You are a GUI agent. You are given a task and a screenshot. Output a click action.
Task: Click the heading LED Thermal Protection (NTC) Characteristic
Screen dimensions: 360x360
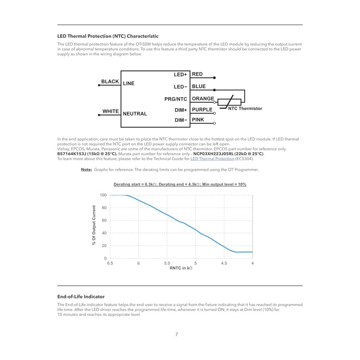tap(108, 36)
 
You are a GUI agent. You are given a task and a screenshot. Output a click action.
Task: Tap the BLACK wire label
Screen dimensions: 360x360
tap(110, 82)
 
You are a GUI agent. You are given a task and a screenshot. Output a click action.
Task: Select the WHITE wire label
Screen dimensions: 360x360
tap(110, 111)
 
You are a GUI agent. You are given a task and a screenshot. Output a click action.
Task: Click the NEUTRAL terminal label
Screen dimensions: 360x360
tap(135, 114)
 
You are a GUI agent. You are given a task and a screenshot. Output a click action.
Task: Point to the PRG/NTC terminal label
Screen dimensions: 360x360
tap(175, 99)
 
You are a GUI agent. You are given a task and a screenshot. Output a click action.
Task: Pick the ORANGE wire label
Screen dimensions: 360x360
tap(203, 99)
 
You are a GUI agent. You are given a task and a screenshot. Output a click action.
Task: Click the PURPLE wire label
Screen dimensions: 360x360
tap(202, 109)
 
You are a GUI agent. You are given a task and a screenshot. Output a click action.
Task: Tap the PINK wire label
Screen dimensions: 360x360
tap(198, 120)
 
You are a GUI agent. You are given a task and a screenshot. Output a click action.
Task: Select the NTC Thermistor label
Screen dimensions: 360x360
tap(245, 109)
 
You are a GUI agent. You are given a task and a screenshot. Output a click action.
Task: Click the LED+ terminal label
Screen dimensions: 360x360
tap(180, 74)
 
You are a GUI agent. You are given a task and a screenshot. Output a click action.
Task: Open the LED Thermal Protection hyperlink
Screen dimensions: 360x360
tap(212, 158)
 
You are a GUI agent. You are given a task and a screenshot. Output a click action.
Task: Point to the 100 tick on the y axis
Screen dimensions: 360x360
tap(103, 195)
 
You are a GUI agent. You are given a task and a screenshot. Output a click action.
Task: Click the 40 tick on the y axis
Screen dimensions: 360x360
tap(104, 233)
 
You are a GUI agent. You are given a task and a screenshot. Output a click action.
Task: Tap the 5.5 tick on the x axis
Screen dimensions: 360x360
tap(167, 263)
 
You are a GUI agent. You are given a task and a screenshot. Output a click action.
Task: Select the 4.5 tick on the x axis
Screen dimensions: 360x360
tap(224, 263)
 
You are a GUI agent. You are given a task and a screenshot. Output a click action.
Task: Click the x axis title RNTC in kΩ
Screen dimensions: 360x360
tap(181, 269)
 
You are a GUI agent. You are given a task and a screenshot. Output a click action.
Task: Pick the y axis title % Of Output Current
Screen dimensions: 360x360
tap(94, 225)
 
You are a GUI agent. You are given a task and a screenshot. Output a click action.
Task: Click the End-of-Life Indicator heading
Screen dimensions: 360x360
tap(81, 297)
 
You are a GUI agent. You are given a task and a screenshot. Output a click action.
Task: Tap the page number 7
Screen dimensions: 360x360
tap(177, 334)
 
